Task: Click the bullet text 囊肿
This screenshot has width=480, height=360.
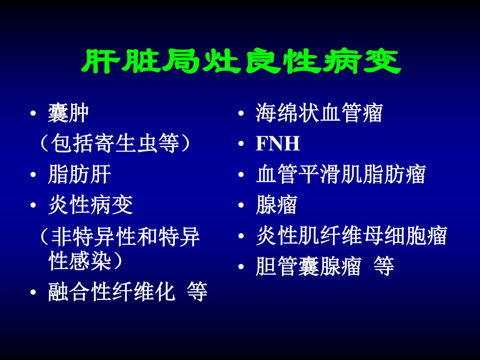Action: click(69, 114)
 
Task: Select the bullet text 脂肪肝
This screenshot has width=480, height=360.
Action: click(79, 175)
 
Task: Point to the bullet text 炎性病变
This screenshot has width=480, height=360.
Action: click(90, 205)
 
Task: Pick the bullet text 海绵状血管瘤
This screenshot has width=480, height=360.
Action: click(319, 114)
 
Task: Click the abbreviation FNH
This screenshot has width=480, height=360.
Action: click(278, 144)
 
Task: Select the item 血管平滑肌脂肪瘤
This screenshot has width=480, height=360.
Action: click(340, 175)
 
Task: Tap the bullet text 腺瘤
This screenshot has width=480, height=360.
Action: click(276, 205)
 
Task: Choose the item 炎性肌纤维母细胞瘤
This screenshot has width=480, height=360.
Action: click(351, 236)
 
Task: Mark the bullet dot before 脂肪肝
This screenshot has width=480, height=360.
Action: click(33, 176)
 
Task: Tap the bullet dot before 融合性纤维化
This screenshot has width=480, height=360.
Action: click(33, 293)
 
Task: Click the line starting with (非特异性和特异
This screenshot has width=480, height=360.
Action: click(119, 236)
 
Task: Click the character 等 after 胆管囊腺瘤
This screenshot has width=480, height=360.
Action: click(383, 266)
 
